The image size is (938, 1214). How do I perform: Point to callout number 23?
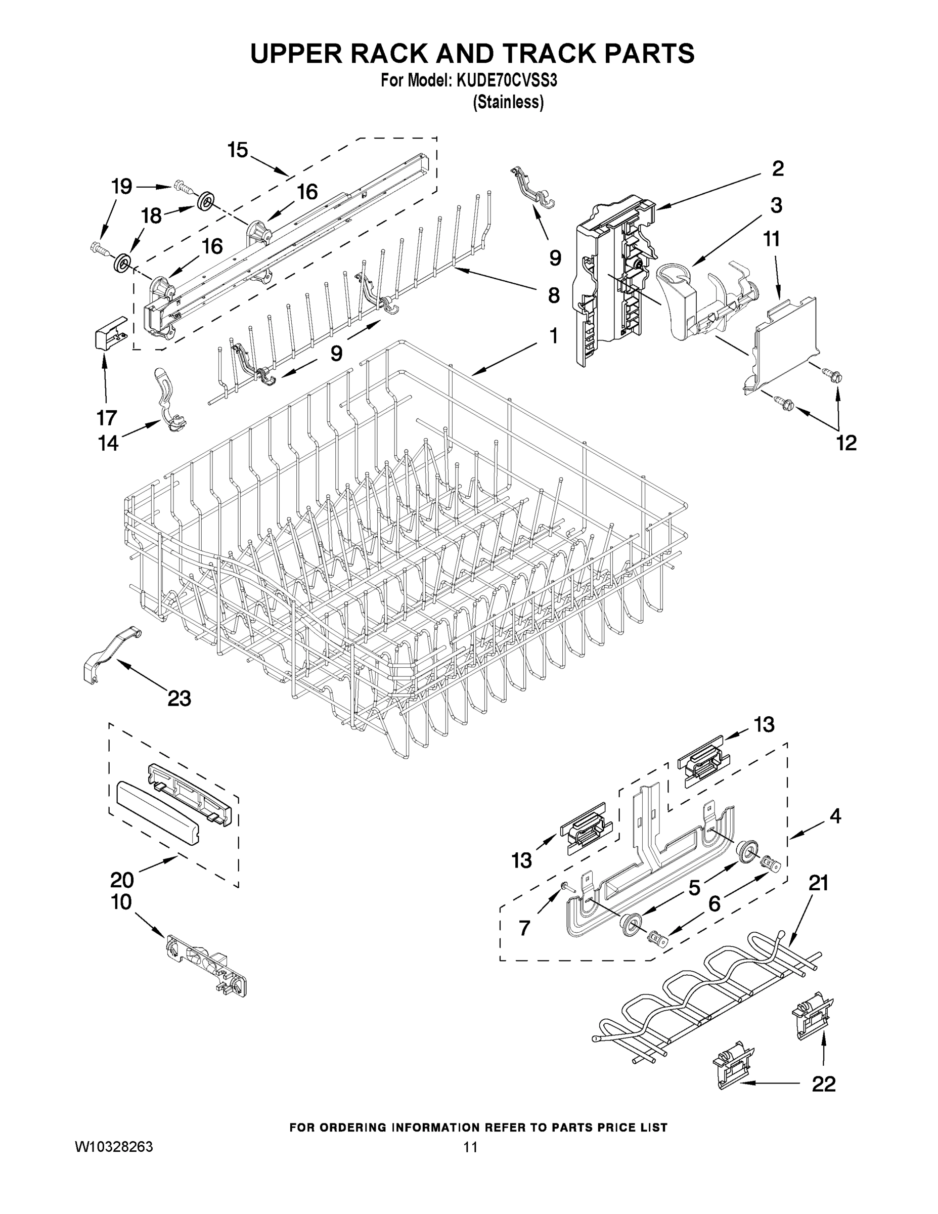[x=180, y=698]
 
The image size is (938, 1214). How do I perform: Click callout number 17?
[x=107, y=417]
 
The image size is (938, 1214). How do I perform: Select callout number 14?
[x=108, y=443]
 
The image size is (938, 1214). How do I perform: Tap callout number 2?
[x=778, y=168]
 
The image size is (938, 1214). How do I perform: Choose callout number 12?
[x=846, y=443]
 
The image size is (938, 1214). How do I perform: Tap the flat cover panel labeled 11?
[x=785, y=344]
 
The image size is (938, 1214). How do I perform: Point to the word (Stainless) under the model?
[x=508, y=102]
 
